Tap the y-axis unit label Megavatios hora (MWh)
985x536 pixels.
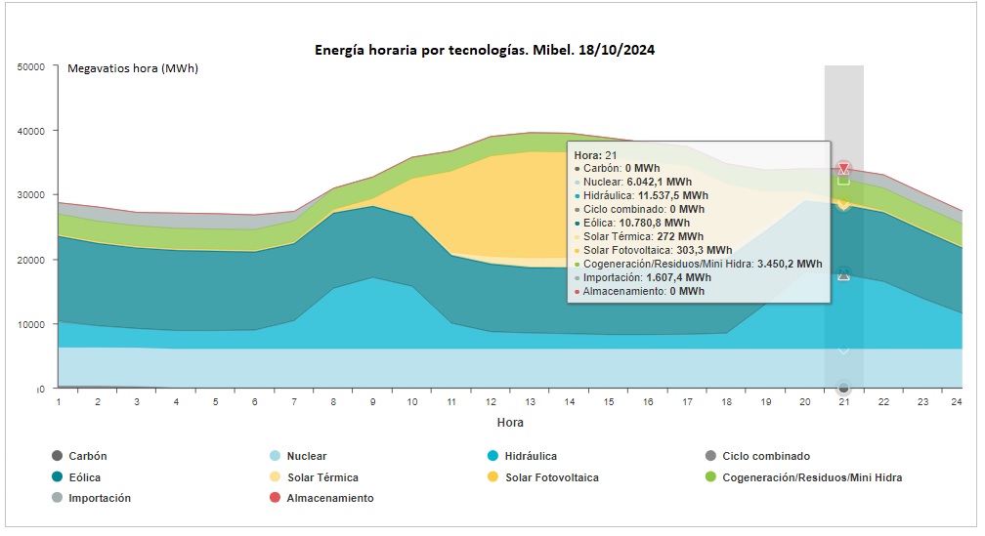point(132,68)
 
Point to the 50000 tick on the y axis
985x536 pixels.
point(31,66)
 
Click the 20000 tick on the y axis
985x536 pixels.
point(31,260)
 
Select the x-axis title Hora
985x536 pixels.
point(509,423)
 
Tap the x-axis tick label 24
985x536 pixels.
point(962,401)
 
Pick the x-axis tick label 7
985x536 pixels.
point(295,401)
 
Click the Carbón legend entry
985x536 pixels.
point(87,456)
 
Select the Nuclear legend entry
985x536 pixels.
point(307,456)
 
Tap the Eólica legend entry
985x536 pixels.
point(84,477)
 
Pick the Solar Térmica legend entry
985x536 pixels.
point(322,477)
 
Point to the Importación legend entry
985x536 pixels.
point(100,498)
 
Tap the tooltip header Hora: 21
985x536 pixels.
point(595,154)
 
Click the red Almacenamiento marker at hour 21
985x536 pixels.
point(844,169)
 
